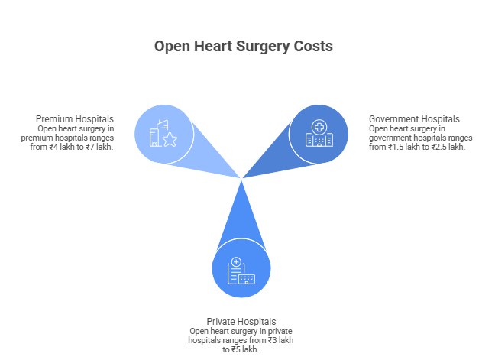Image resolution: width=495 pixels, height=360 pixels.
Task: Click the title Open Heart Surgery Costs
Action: coord(243,47)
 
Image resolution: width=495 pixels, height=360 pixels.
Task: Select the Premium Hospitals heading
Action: coord(75,119)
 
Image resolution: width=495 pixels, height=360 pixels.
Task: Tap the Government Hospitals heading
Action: coord(414,119)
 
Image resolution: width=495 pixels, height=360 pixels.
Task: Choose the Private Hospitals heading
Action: coord(241,321)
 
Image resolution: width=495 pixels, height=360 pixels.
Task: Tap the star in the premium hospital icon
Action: coord(169,139)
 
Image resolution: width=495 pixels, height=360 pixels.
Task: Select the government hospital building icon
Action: coord(318,135)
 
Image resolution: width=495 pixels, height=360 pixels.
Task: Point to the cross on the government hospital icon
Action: coord(318,127)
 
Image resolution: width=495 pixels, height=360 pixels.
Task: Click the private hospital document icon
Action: coord(241,270)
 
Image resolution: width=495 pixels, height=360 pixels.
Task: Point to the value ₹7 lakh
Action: coord(98,147)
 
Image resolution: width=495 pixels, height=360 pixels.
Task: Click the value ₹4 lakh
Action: coord(58,147)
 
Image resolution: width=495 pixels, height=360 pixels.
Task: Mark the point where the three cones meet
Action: coord(242,179)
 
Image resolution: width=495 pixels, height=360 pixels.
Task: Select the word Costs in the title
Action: coord(313,47)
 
